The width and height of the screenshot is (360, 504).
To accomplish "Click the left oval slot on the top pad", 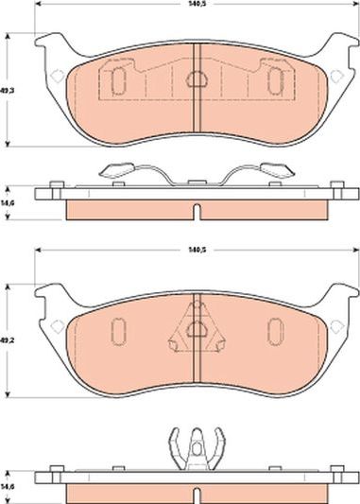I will (x=118, y=82).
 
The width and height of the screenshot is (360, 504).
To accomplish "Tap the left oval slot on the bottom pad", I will (x=118, y=332).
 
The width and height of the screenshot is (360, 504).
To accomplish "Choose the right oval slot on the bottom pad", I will (x=273, y=332).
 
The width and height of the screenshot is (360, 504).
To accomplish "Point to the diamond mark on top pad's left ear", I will (x=57, y=76).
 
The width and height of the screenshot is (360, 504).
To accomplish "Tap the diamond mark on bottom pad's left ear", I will (x=57, y=326).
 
